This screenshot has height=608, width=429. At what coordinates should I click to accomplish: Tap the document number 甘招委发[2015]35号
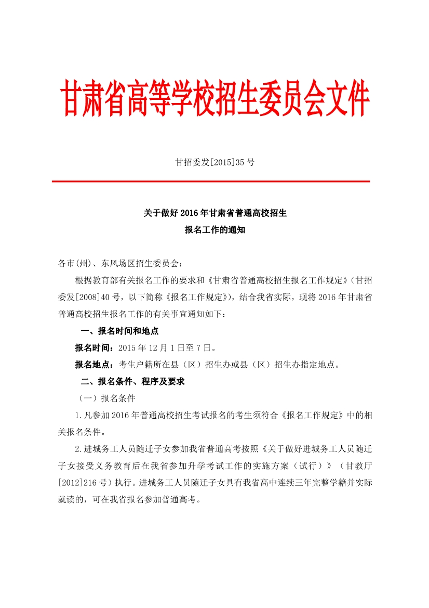(214, 162)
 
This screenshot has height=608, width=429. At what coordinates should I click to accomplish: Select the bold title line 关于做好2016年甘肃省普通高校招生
(214, 213)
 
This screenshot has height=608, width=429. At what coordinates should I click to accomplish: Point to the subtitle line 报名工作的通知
(214, 229)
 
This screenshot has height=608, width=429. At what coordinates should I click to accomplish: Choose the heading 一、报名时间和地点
(119, 331)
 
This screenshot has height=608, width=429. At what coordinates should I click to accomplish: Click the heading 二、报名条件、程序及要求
(132, 381)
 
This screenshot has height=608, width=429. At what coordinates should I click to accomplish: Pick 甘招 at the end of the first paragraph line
(361, 280)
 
